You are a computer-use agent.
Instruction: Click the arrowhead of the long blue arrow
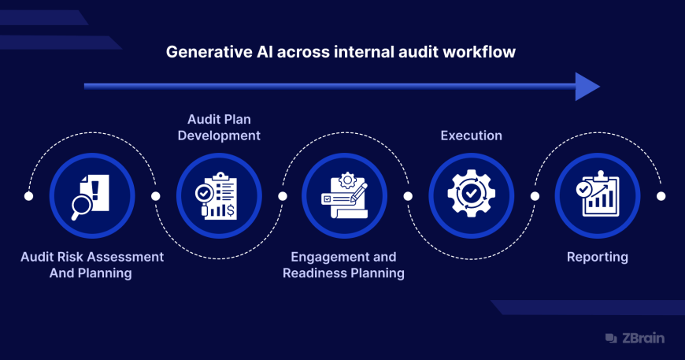[587, 87]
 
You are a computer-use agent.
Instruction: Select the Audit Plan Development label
[219, 127]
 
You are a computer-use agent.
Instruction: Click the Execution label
[472, 135]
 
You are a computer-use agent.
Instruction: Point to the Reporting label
[597, 257]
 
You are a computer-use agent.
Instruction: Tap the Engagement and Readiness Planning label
[343, 265]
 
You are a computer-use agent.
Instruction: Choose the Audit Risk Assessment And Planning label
[92, 265]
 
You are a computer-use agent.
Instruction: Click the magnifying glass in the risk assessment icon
[81, 206]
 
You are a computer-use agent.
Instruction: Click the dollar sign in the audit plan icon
[230, 211]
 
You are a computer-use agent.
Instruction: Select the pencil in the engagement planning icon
[359, 192]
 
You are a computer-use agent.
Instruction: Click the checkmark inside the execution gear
[471, 193]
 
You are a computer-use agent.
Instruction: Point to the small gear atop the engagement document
[348, 180]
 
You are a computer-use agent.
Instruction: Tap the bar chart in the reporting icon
[601, 199]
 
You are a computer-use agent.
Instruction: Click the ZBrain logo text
[643, 338]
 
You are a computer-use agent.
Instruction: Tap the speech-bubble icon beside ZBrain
[611, 338]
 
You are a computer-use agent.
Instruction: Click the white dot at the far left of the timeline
[29, 196]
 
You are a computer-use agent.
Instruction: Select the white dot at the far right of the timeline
[661, 196]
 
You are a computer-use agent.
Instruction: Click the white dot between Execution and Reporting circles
[535, 196]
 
